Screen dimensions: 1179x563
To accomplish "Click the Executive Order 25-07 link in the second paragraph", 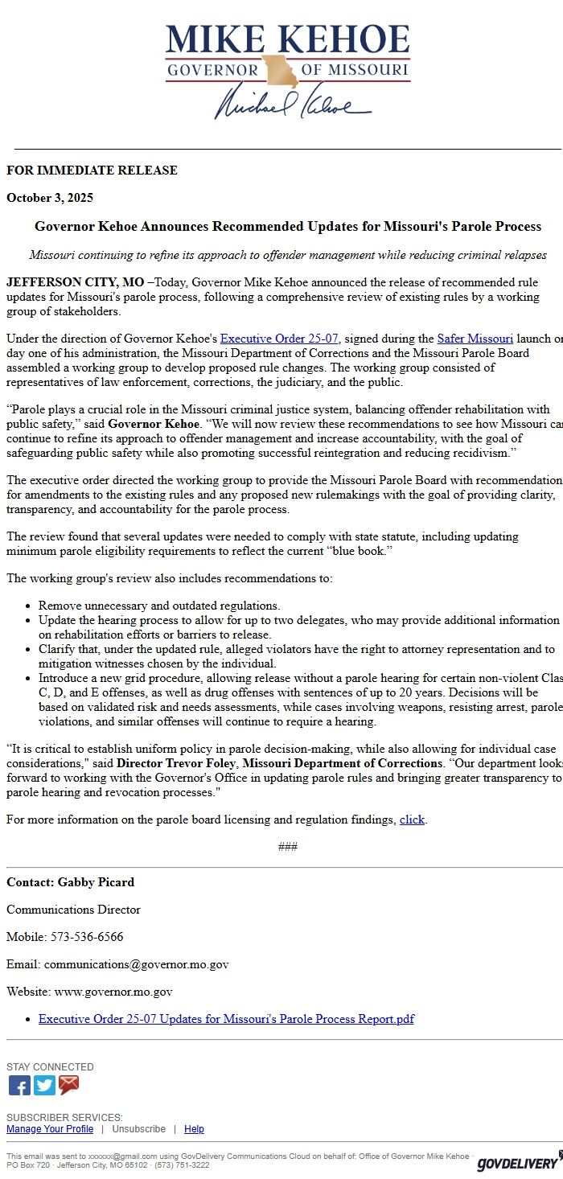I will [x=279, y=339].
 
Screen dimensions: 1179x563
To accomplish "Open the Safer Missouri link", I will [x=475, y=339].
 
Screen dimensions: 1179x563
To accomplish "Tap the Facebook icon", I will [x=19, y=1086].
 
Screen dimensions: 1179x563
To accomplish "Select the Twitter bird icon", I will [x=44, y=1086].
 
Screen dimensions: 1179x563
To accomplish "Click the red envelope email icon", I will [x=69, y=1086].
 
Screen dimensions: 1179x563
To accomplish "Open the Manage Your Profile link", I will [x=50, y=1129].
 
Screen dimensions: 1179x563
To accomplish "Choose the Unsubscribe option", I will [x=138, y=1129].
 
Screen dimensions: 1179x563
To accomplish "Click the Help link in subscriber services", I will [x=194, y=1129].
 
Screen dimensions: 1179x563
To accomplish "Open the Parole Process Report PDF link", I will [x=226, y=1019].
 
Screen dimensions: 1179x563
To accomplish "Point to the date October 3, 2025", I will [x=50, y=198].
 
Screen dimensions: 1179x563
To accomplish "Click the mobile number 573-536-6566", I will [x=87, y=937].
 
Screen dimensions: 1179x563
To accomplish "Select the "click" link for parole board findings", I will [x=412, y=820].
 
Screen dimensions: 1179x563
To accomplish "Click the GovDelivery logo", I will [x=519, y=1162].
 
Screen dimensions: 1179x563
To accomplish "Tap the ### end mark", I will [x=288, y=847].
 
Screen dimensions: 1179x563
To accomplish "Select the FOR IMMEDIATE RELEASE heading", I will [x=92, y=170].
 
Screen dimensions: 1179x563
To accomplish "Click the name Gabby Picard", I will [x=96, y=882].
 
